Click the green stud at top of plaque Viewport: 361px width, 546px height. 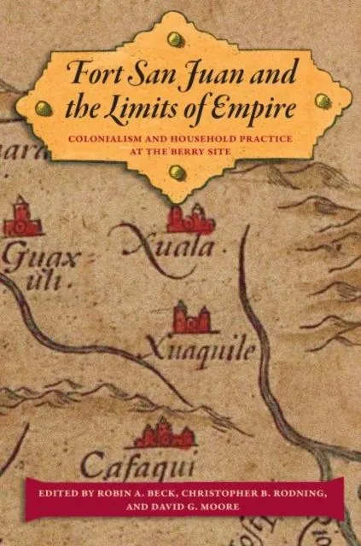pos(178,38)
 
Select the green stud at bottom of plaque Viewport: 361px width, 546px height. pos(178,174)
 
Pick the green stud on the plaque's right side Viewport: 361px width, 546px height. pos(323,101)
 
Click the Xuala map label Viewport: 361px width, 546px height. pos(171,248)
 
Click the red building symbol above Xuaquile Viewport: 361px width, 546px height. pos(191,317)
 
